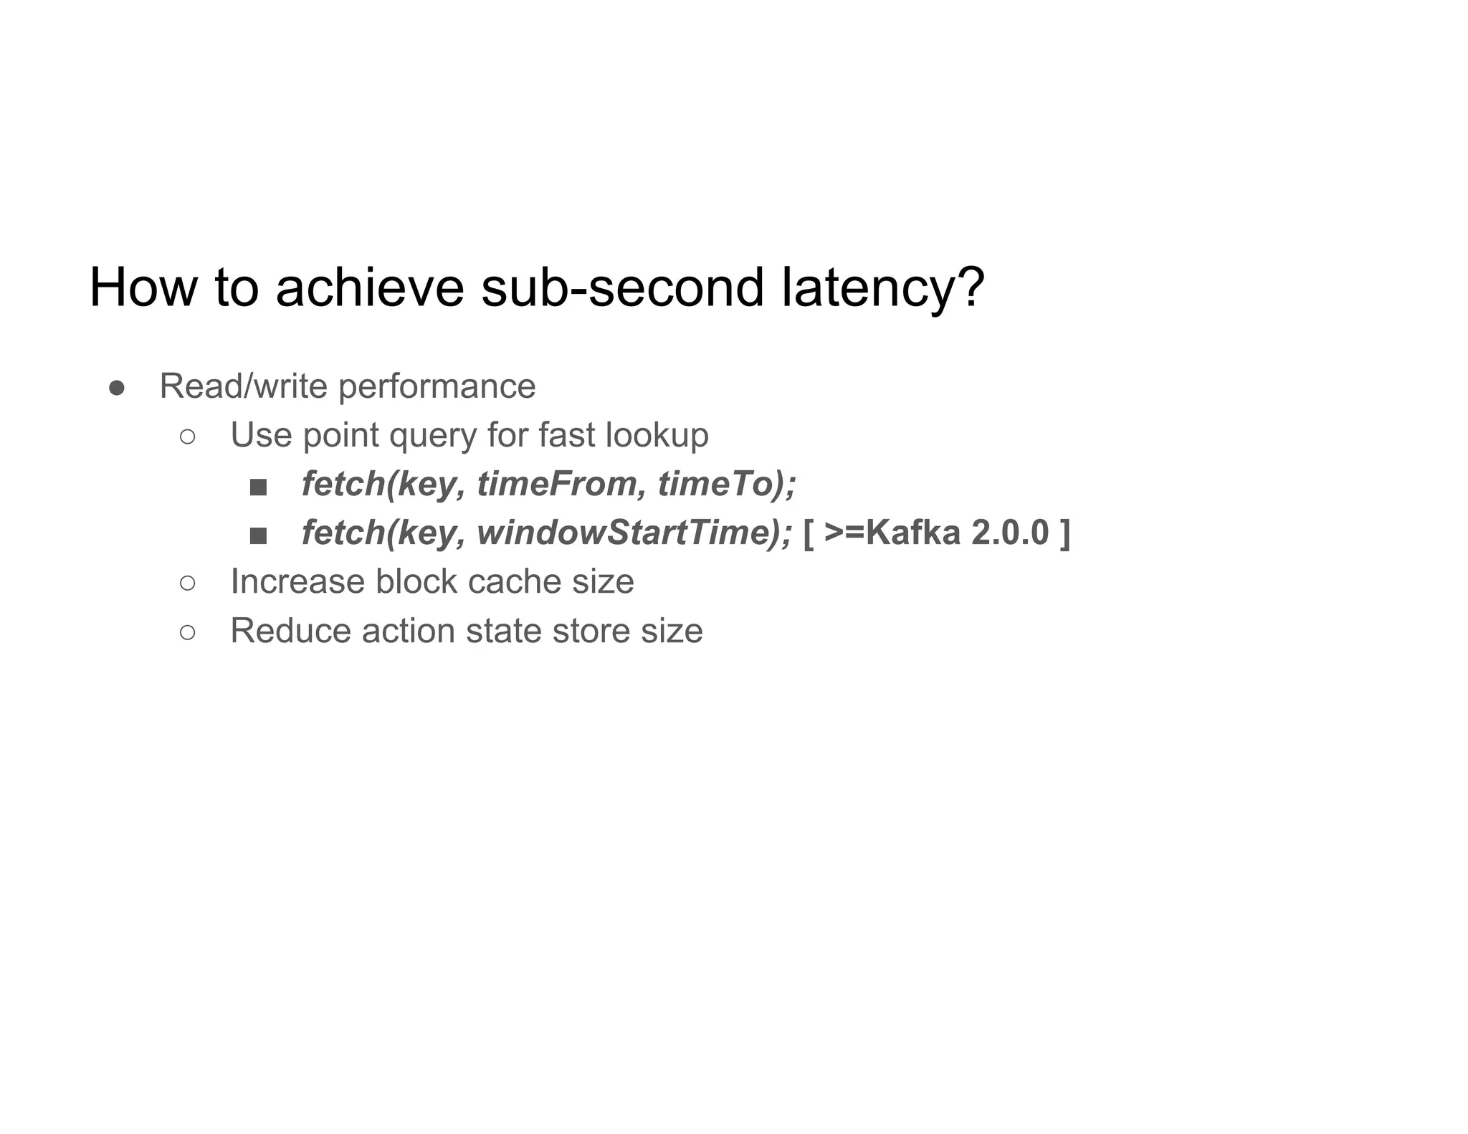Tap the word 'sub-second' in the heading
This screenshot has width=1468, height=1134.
(622, 287)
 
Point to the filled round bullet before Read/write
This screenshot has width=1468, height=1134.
(117, 388)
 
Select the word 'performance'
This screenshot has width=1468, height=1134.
(437, 386)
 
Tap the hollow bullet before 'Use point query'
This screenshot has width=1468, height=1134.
(187, 437)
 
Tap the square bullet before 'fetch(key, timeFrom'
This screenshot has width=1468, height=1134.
(258, 487)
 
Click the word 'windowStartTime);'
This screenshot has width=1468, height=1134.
(634, 533)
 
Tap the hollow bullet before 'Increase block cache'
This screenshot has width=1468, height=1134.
(187, 583)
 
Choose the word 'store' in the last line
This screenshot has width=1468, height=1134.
(591, 631)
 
